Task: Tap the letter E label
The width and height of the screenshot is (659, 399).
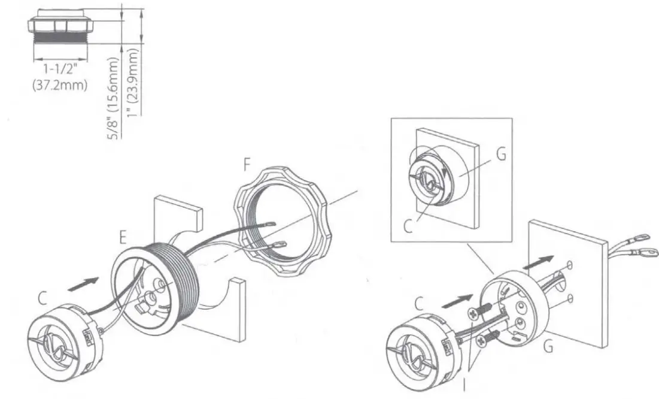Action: (x=123, y=238)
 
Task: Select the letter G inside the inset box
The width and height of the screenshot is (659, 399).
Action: (x=500, y=155)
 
